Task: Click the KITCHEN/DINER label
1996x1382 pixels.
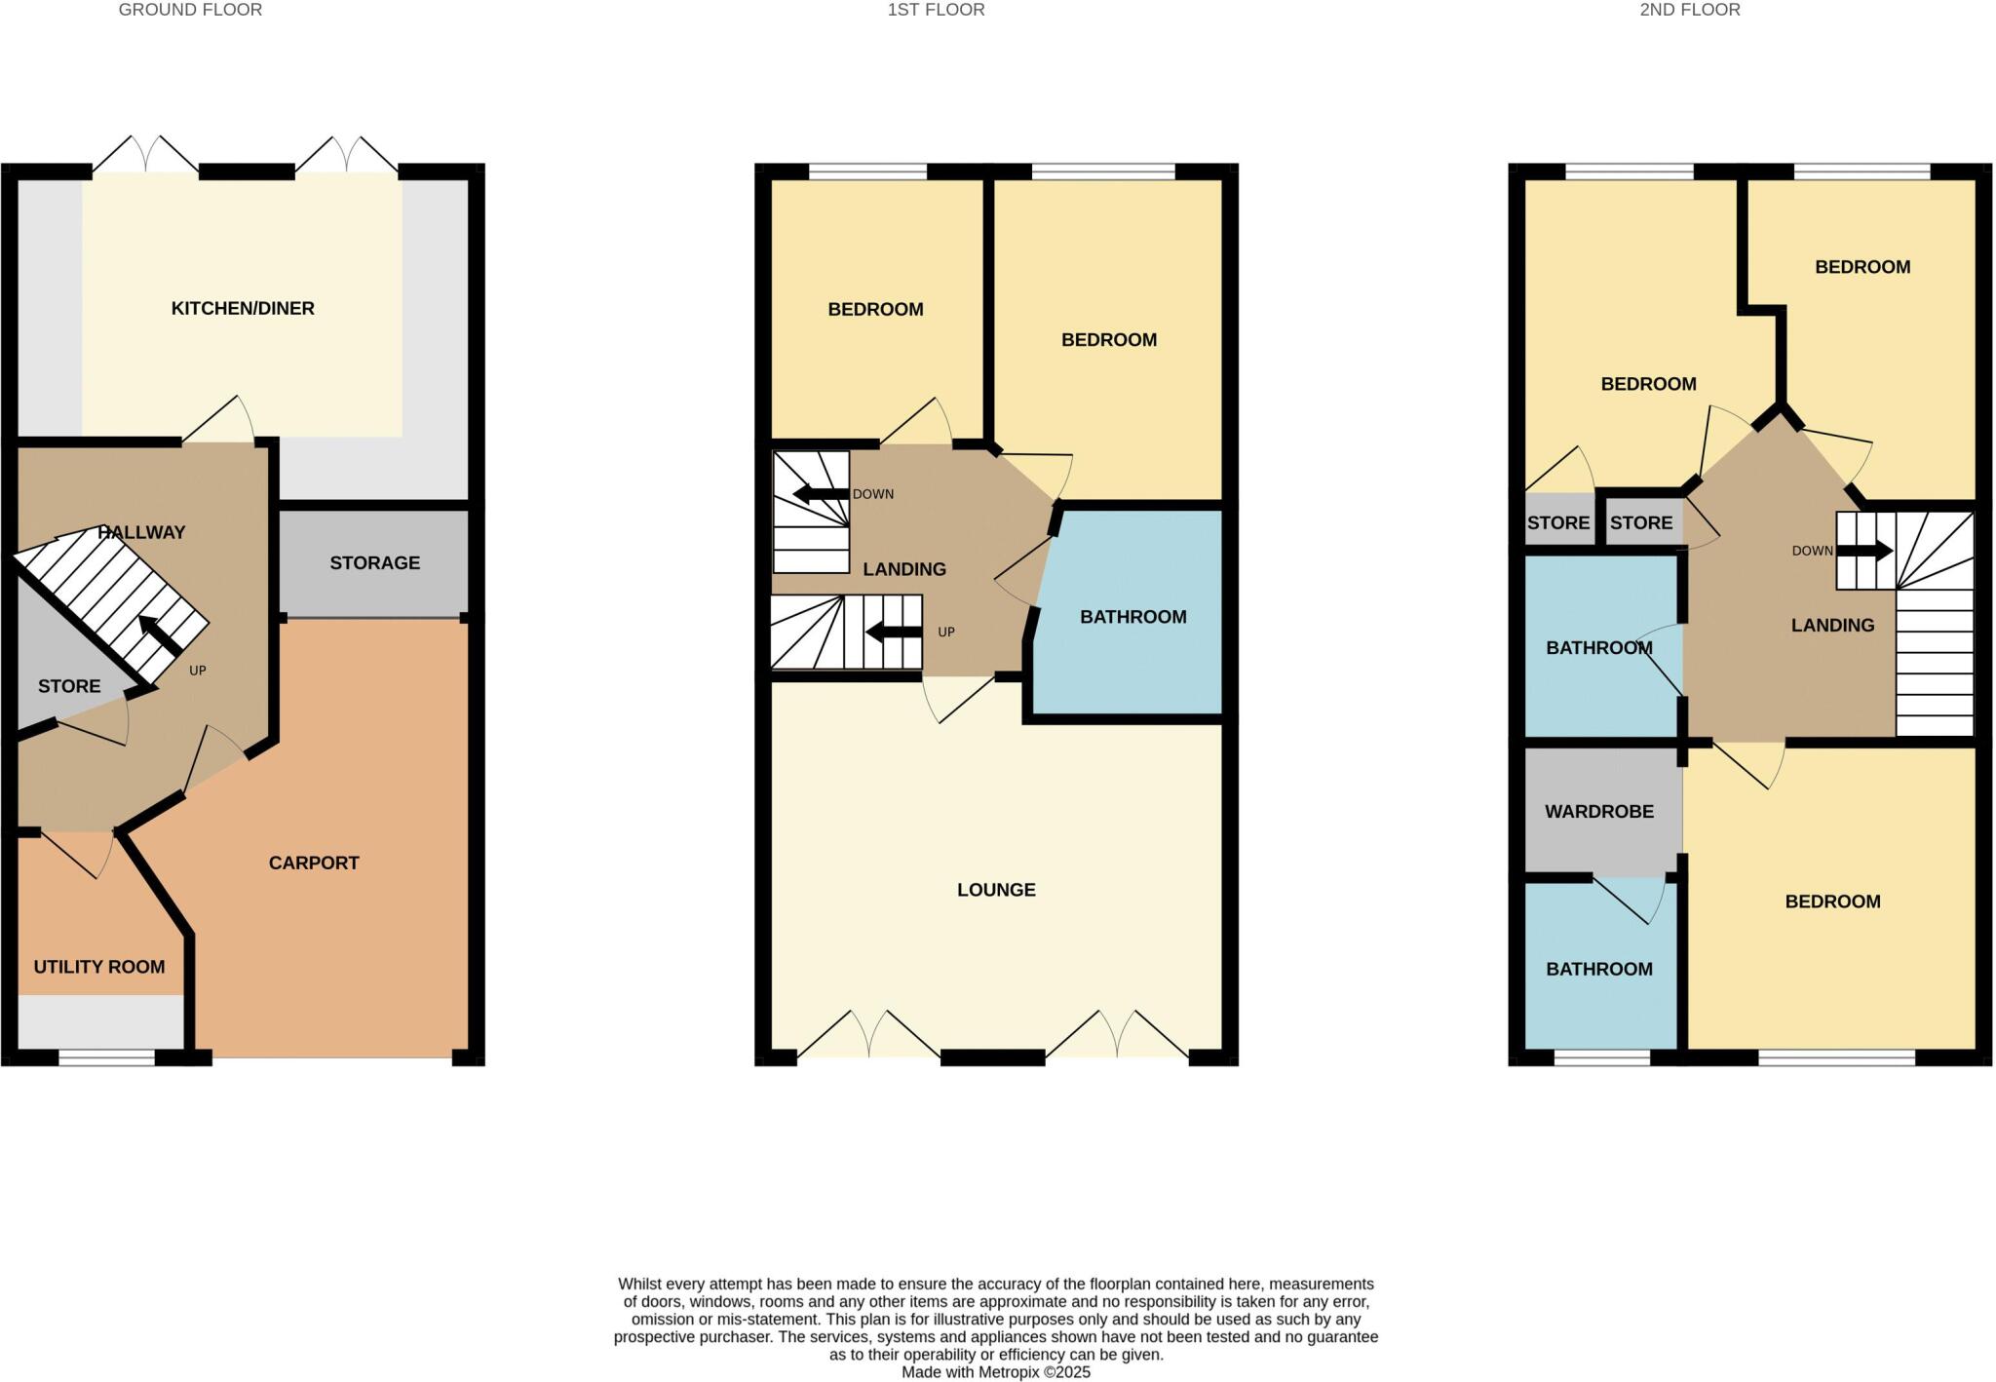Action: point(243,309)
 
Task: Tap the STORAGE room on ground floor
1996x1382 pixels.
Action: point(374,563)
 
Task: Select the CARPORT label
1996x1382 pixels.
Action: point(314,863)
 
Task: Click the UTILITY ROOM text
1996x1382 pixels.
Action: point(99,967)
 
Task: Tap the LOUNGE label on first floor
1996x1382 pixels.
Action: point(996,890)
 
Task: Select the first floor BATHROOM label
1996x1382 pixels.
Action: point(1132,617)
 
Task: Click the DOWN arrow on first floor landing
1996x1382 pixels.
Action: point(820,494)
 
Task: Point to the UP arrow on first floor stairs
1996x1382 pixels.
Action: point(893,633)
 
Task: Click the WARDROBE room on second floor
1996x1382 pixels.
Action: point(1599,811)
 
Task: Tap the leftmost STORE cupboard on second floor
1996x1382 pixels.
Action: point(1557,522)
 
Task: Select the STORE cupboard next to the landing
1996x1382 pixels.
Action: point(1641,522)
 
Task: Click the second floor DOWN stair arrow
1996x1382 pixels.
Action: point(1864,552)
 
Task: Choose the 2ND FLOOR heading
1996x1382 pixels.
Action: point(1689,10)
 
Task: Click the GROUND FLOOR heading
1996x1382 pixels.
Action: point(190,10)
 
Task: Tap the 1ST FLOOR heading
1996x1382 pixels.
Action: point(936,10)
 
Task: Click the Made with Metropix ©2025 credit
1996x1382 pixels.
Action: point(995,1372)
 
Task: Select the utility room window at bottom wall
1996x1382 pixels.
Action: point(107,1057)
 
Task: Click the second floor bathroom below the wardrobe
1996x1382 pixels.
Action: point(1599,969)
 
